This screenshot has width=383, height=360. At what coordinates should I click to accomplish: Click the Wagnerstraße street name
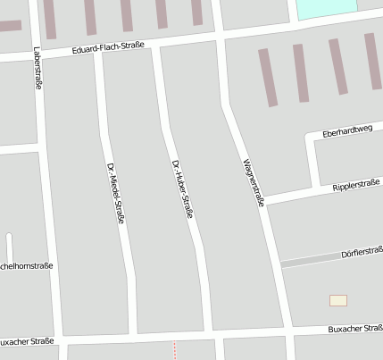pyautogui.click(x=253, y=182)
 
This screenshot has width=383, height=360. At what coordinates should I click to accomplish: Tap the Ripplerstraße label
pyautogui.click(x=355, y=185)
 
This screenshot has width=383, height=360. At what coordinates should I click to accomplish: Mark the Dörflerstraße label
pyautogui.click(x=362, y=254)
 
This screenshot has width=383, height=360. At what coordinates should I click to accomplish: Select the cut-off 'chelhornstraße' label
pyautogui.click(x=27, y=265)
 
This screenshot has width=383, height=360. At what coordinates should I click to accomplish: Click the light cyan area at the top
pyautogui.click(x=325, y=8)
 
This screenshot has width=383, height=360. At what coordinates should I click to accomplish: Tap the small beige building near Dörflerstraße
pyautogui.click(x=338, y=300)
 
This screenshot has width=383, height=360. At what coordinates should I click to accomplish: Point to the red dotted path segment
pyautogui.click(x=175, y=349)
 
